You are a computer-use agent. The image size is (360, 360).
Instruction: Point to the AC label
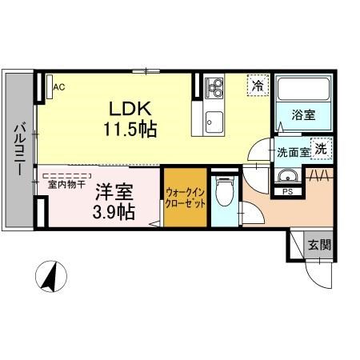pos(58,88)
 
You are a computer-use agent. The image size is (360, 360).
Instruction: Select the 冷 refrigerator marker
pos(258,84)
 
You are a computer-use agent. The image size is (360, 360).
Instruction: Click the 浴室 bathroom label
pos(302,116)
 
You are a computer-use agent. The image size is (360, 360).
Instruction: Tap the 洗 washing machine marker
pos(320,148)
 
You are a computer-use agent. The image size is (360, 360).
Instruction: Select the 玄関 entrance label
pos(319,246)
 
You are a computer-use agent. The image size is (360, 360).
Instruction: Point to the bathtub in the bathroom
pos(303,90)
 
